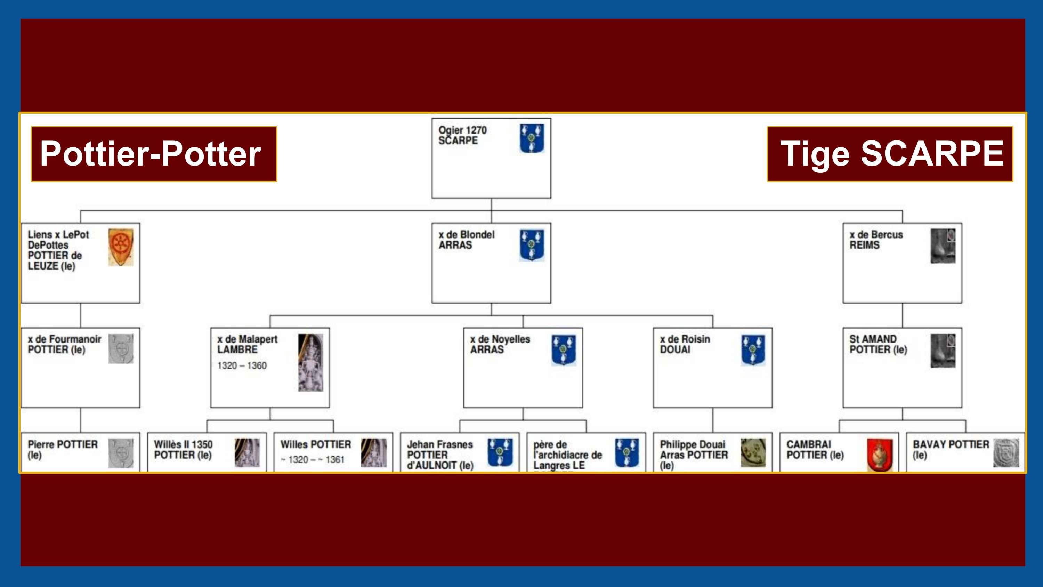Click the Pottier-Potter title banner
(154, 154)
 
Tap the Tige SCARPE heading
(890, 154)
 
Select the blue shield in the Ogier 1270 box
(531, 138)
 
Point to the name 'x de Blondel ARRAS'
(467, 240)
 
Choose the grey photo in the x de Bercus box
(943, 246)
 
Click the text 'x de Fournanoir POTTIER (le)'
(64, 344)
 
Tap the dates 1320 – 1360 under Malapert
(242, 366)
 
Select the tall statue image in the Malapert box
(310, 363)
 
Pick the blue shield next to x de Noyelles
(563, 349)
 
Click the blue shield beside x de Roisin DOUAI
(753, 349)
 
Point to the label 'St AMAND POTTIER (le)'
(878, 344)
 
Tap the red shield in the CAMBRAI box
(880, 455)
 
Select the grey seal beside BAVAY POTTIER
(1006, 452)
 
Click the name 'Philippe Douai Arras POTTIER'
(693, 454)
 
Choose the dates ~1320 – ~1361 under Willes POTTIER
(312, 460)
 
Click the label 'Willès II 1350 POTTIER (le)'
(183, 450)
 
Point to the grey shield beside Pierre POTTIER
(121, 452)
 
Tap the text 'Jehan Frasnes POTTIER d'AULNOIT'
(440, 455)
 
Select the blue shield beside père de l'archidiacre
(626, 452)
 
